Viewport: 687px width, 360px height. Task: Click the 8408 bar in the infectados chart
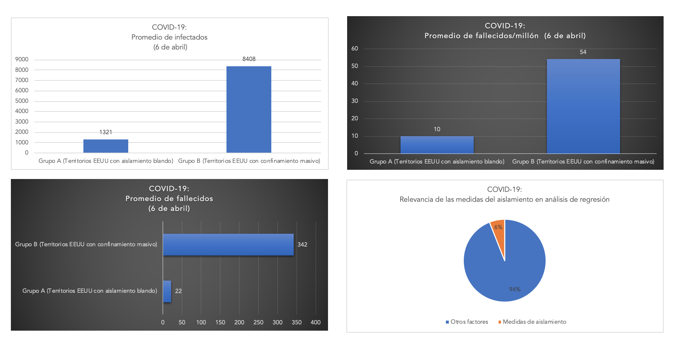[x=249, y=109]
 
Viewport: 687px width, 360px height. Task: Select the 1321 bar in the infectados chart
[x=105, y=146]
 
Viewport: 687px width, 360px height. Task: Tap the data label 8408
[x=249, y=59]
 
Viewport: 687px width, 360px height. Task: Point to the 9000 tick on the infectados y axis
[x=22, y=59]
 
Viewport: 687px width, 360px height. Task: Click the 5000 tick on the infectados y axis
[x=22, y=101]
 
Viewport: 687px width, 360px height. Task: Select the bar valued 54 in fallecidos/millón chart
[x=583, y=106]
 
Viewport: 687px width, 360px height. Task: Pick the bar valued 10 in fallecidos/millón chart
[x=437, y=145]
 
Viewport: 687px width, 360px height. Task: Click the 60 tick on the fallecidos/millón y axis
[x=355, y=48]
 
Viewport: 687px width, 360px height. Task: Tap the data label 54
[x=583, y=52]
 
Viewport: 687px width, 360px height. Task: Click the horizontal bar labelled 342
[x=228, y=245]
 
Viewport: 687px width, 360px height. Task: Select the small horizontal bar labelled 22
[x=167, y=291]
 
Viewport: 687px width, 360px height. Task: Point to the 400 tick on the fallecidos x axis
[x=315, y=322]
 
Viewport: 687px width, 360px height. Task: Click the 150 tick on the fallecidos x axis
[x=220, y=322]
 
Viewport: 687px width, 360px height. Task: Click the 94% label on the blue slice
[x=515, y=289]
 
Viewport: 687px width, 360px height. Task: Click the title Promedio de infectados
[x=169, y=37]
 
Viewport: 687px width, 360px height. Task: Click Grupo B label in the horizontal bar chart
[x=86, y=244]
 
